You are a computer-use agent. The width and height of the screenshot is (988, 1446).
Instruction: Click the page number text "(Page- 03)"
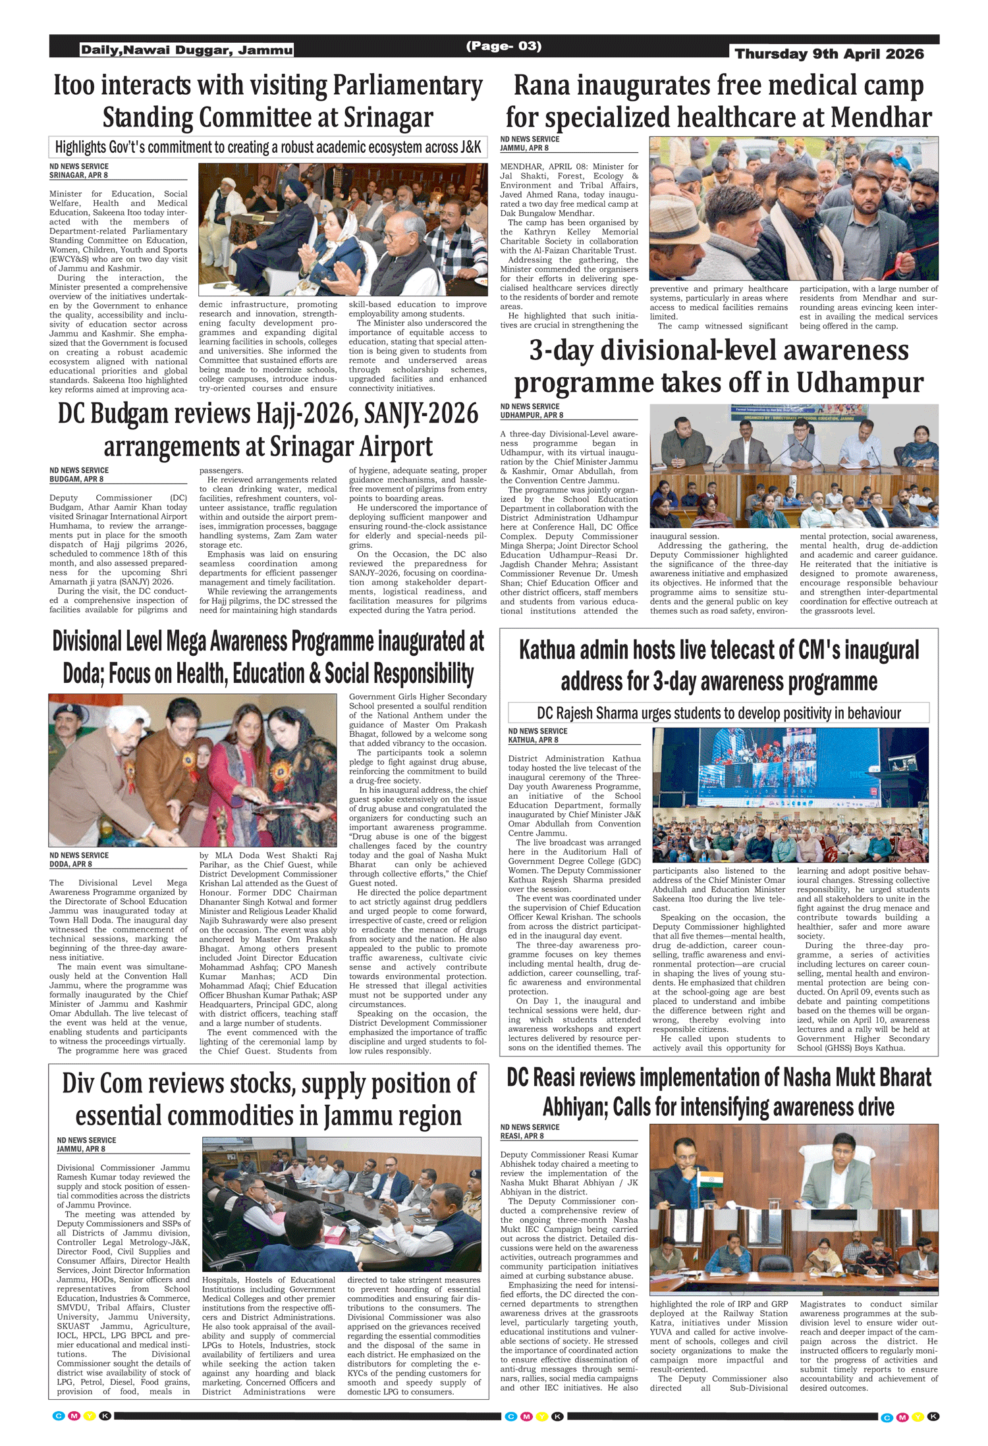pyautogui.click(x=503, y=46)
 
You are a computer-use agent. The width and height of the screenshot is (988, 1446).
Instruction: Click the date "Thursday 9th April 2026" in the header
pyautogui.click(x=829, y=54)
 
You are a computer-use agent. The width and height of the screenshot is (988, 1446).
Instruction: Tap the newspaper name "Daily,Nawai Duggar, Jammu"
pyautogui.click(x=186, y=50)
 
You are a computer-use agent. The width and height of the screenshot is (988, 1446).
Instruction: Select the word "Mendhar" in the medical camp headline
pyautogui.click(x=881, y=119)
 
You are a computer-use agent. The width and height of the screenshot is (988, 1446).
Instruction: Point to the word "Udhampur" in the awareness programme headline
pyautogui.click(x=860, y=383)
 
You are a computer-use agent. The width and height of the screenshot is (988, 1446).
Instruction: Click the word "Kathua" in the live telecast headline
pyautogui.click(x=550, y=651)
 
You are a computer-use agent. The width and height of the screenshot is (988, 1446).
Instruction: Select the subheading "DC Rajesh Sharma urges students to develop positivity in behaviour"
pyautogui.click(x=719, y=713)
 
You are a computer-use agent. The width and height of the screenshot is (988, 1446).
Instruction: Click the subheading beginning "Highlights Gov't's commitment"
pyautogui.click(x=267, y=147)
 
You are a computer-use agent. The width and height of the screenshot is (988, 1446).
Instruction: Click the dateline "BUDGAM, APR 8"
pyautogui.click(x=76, y=479)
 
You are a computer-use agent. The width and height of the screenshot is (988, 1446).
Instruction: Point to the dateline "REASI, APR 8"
pyautogui.click(x=522, y=1136)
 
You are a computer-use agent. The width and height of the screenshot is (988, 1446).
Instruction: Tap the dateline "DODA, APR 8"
pyautogui.click(x=70, y=864)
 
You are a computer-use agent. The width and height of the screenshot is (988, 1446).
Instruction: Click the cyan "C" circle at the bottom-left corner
pyautogui.click(x=58, y=1416)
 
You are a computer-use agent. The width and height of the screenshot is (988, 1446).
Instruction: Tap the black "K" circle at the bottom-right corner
pyautogui.click(x=933, y=1416)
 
